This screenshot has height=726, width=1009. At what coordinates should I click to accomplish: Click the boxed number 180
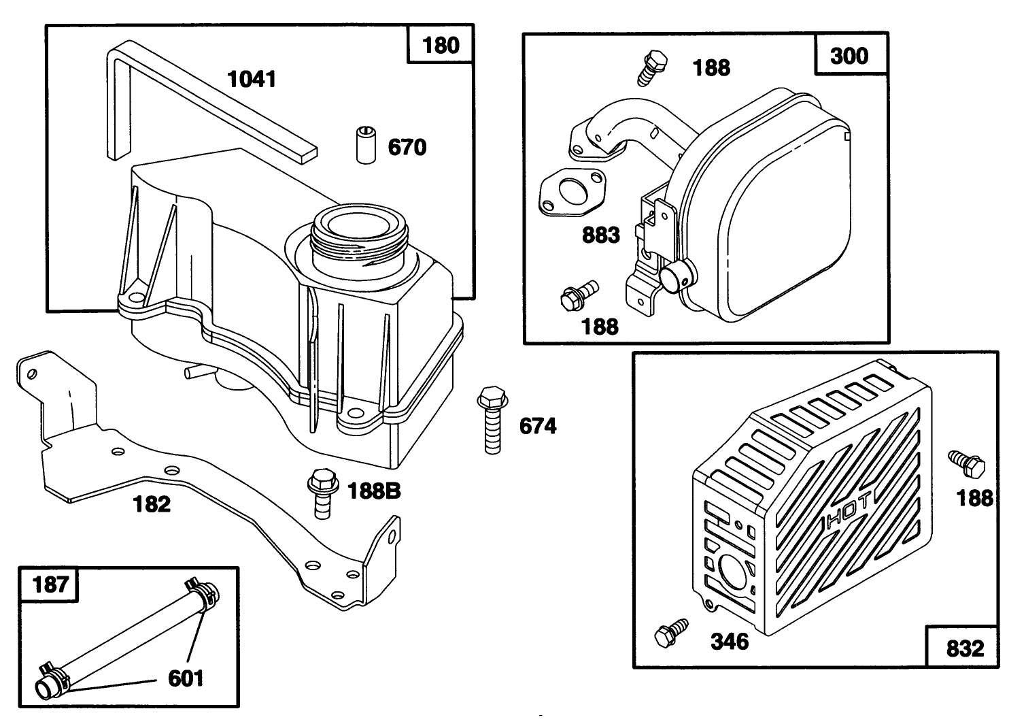tap(441, 46)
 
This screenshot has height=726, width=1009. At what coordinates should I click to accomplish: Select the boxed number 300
tap(850, 54)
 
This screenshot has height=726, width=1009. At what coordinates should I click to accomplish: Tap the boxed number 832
tap(964, 647)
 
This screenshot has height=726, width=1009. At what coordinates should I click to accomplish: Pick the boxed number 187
tap(50, 584)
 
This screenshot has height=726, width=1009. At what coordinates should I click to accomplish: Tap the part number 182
tap(152, 504)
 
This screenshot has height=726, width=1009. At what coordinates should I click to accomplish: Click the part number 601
tap(185, 678)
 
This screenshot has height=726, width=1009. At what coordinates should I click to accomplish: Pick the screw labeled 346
tap(670, 632)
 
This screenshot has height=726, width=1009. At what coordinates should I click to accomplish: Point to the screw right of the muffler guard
tap(967, 464)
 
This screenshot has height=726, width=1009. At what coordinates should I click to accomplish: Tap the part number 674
tap(537, 427)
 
